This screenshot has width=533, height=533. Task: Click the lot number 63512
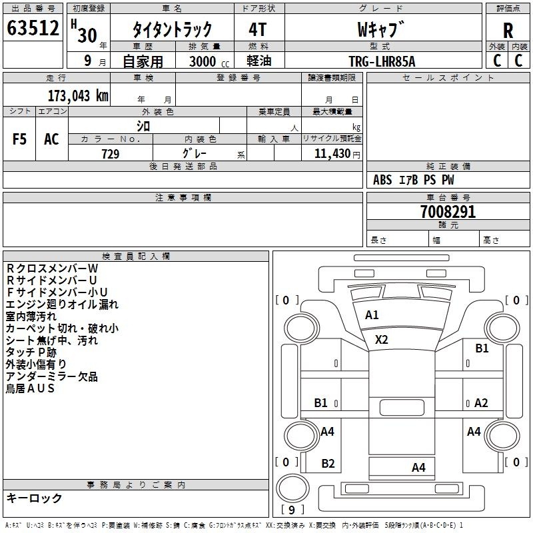[33, 28]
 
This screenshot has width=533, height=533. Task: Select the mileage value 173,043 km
[78, 96]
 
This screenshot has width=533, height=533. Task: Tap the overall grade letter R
[508, 31]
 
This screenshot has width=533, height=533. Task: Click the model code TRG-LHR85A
[382, 61]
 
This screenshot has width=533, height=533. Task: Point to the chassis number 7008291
[448, 212]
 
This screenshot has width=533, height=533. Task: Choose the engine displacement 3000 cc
[209, 61]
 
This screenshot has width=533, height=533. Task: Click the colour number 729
[111, 154]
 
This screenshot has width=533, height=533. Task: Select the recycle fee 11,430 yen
[337, 154]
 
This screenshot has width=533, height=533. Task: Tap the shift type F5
[19, 139]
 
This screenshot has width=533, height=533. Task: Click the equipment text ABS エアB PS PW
[413, 180]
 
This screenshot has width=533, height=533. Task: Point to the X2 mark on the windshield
[381, 340]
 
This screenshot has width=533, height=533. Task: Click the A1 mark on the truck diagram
[372, 315]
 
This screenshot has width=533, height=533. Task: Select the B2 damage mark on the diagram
[328, 463]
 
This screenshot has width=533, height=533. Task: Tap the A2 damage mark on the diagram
[481, 403]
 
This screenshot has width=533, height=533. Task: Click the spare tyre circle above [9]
[292, 488]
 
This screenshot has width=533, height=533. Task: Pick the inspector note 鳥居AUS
[30, 388]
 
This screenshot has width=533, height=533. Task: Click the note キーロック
[34, 498]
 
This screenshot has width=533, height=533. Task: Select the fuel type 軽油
[259, 61]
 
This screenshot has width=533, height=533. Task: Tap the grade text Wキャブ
[380, 29]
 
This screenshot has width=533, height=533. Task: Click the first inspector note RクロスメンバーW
[52, 268]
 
